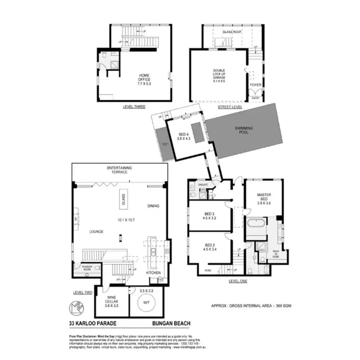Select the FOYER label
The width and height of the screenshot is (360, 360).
pyautogui.click(x=256, y=84)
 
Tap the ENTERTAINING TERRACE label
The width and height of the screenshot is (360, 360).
pyautogui.click(x=120, y=170)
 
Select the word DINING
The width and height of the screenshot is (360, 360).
pyautogui.click(x=153, y=206)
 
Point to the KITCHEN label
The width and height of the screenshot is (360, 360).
pyautogui.click(x=153, y=273)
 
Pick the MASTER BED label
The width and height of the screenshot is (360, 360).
pyautogui.click(x=264, y=197)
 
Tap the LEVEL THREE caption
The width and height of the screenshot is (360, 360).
pyautogui.click(x=134, y=107)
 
